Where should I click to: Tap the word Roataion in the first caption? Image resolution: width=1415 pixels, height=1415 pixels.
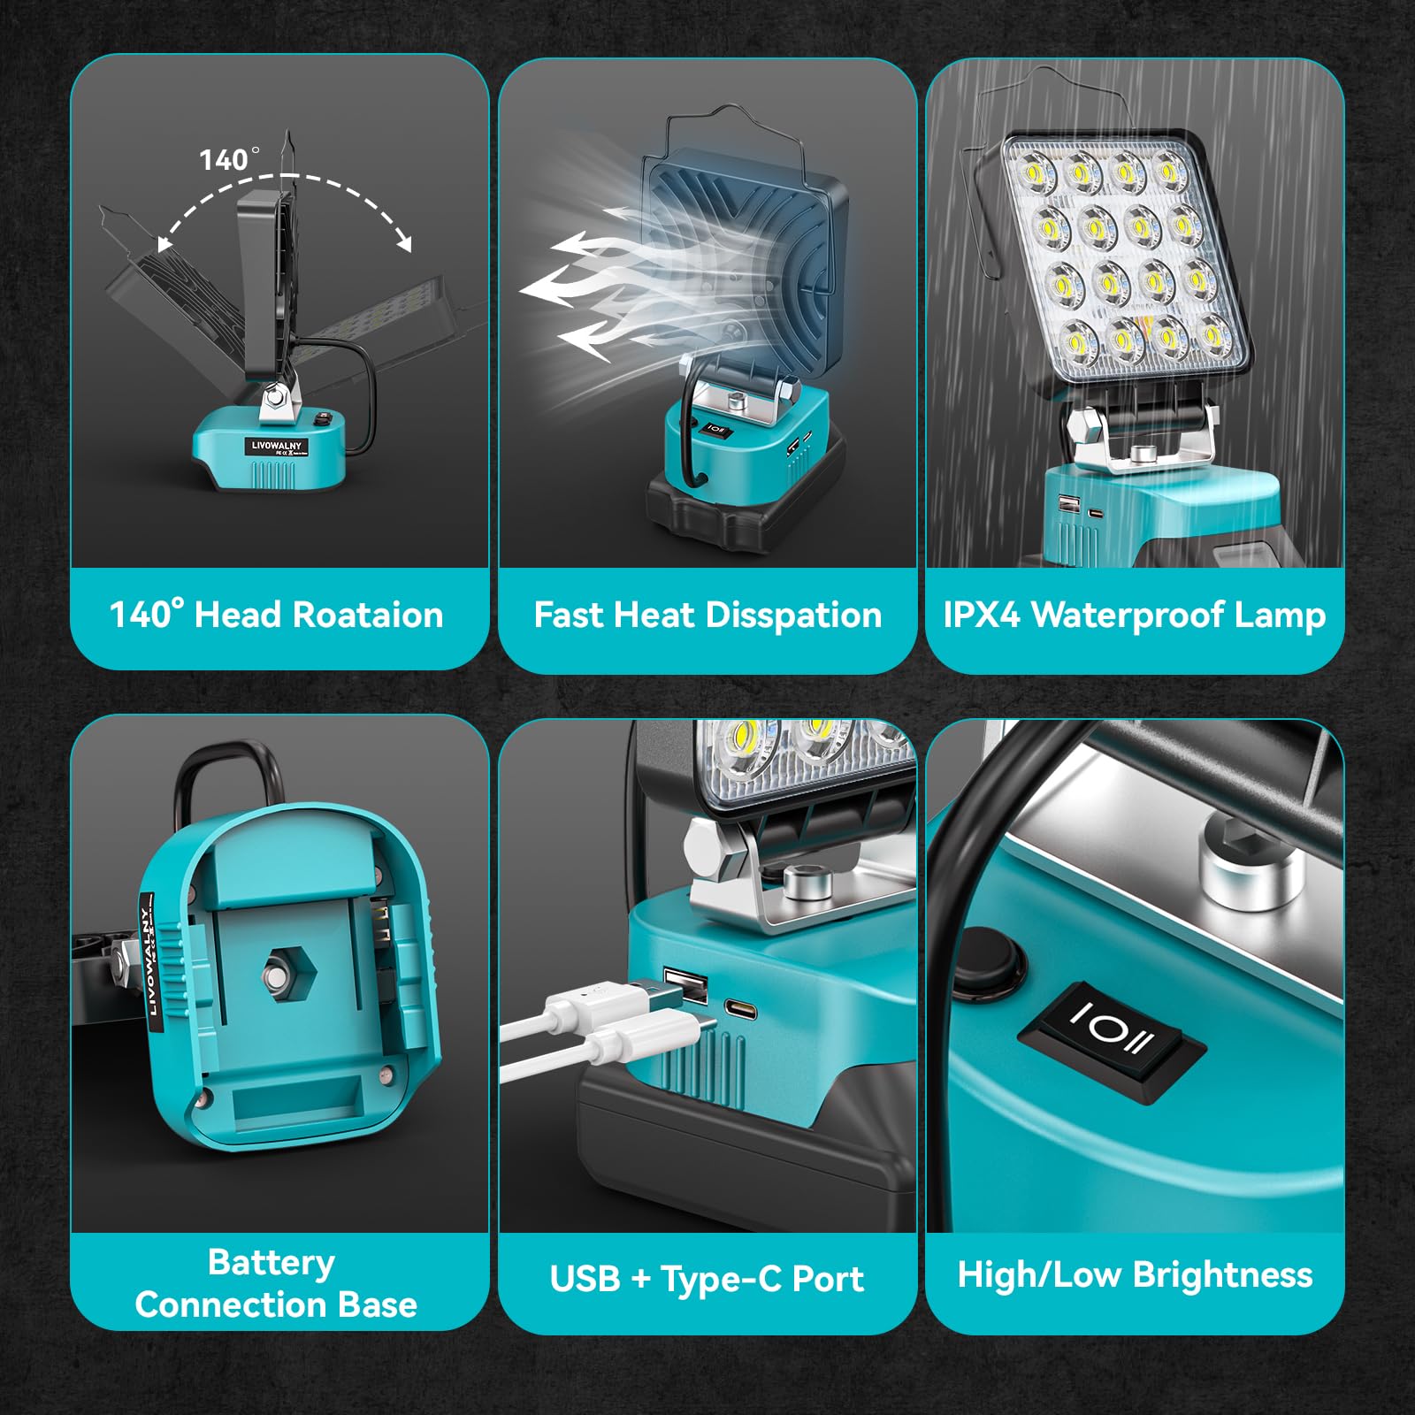[367, 615]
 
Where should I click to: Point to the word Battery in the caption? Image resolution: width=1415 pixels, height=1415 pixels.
[271, 1262]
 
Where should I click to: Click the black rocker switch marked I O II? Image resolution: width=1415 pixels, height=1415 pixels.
[1112, 1041]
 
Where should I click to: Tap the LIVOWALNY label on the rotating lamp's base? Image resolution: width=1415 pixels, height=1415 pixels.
[276, 447]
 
